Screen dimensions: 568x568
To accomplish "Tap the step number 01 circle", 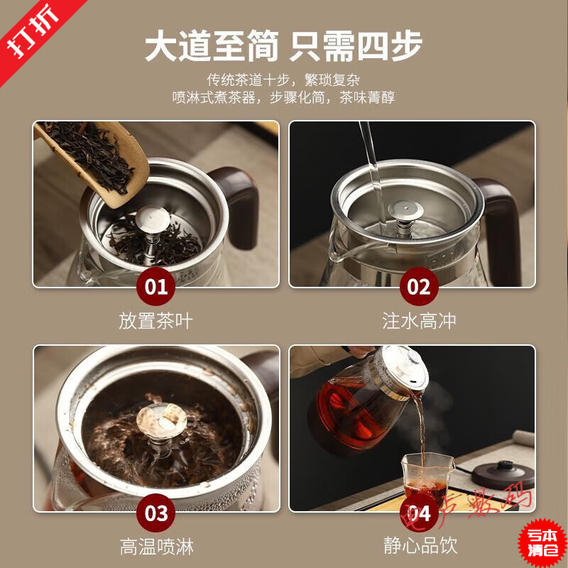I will [156, 287].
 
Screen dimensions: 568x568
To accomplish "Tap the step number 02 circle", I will [419, 287].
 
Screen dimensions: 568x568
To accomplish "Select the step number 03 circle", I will [156, 512].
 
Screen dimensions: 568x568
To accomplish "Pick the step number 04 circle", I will [419, 512].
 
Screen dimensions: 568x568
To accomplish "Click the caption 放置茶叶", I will [156, 321].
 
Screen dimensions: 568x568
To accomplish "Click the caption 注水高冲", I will [419, 321].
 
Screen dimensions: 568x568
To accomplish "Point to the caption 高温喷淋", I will [156, 546].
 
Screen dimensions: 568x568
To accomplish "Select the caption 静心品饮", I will [419, 546].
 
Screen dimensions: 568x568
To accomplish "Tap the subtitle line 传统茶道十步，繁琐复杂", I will [283, 80].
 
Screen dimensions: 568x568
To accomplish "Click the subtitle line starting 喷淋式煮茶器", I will [283, 98].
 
